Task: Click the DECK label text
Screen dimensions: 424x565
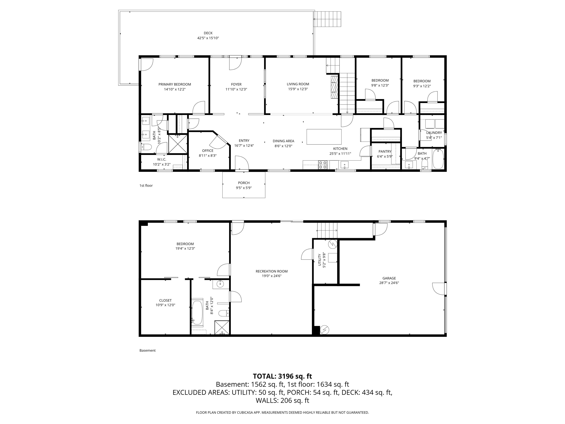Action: point(208,33)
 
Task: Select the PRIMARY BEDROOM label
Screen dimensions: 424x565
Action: point(175,84)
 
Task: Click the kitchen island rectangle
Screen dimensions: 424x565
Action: point(324,137)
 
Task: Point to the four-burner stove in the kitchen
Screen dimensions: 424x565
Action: point(323,165)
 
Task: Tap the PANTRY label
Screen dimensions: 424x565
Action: point(385,152)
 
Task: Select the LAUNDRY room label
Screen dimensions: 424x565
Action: point(434,133)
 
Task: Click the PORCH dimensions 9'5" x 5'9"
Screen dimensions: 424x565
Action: point(244,188)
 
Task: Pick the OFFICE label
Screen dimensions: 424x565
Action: point(208,151)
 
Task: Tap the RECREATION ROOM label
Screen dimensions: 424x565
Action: point(271,271)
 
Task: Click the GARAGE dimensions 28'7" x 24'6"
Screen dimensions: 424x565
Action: point(389,283)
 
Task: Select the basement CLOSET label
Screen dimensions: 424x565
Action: point(165,300)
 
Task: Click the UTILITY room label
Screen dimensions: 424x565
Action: point(319,260)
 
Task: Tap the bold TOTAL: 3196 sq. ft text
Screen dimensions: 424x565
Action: point(282,376)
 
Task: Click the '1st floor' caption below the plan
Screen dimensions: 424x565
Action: point(146,185)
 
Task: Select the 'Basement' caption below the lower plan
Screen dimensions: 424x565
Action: point(147,350)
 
